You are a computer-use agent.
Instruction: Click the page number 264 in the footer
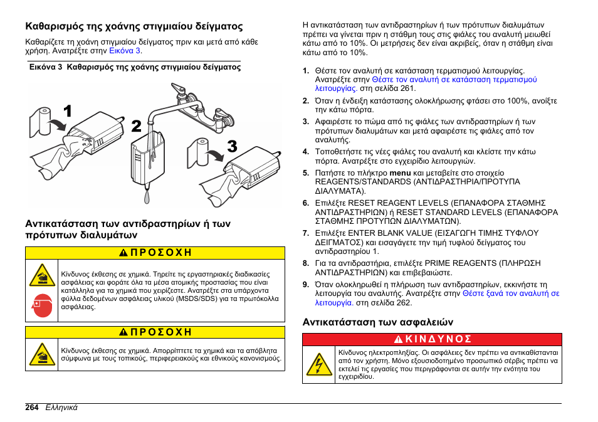pos(33,407)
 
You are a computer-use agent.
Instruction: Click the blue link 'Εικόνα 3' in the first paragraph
pos(125,51)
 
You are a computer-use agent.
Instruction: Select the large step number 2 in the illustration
pos(136,126)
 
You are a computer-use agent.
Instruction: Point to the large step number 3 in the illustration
pos(232,147)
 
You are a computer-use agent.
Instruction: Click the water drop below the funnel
pos(147,196)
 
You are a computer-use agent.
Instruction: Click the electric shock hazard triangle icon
pos(319,364)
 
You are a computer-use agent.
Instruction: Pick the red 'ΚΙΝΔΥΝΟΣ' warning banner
pos(433,339)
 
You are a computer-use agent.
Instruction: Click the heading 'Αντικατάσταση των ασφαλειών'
pos(377,322)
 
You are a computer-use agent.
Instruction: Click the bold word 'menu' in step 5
pos(399,172)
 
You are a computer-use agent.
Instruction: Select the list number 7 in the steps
pos(306,233)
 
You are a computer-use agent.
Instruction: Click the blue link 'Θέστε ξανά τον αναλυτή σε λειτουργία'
pos(510,293)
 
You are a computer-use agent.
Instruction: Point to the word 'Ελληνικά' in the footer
pos(61,407)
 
